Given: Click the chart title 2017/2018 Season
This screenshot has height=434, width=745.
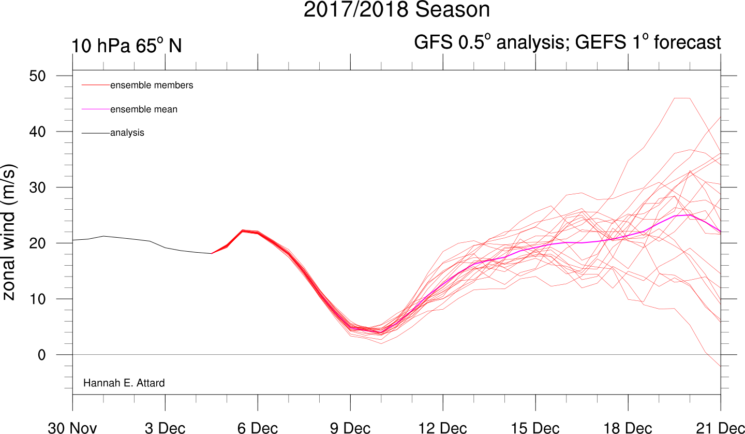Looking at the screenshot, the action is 396,9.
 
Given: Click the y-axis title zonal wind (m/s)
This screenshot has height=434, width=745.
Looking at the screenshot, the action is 9,233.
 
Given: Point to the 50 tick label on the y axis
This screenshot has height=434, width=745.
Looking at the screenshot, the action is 38,76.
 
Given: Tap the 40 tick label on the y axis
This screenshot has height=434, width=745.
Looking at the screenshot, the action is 38,132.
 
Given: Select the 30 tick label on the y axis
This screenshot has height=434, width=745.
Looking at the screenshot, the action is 38,187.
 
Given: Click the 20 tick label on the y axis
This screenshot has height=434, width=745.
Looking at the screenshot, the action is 38,243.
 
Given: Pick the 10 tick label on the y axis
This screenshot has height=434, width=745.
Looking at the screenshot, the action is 38,299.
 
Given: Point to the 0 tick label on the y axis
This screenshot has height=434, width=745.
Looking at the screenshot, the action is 41,355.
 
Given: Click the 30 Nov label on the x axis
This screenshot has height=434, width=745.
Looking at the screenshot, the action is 72,428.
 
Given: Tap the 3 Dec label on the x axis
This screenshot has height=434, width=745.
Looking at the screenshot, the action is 165,428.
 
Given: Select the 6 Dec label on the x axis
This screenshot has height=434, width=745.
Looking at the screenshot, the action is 258,428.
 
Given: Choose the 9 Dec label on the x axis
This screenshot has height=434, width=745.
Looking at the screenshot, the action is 350,428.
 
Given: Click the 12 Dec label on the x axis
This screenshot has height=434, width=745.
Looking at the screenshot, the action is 443,428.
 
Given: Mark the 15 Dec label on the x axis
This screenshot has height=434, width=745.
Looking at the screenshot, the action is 535,428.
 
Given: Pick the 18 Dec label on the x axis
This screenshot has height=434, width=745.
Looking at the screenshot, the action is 628,428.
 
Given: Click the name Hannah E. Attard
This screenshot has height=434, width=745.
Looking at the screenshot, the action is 124,383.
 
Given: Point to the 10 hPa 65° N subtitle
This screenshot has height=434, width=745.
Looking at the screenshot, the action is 126,45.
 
